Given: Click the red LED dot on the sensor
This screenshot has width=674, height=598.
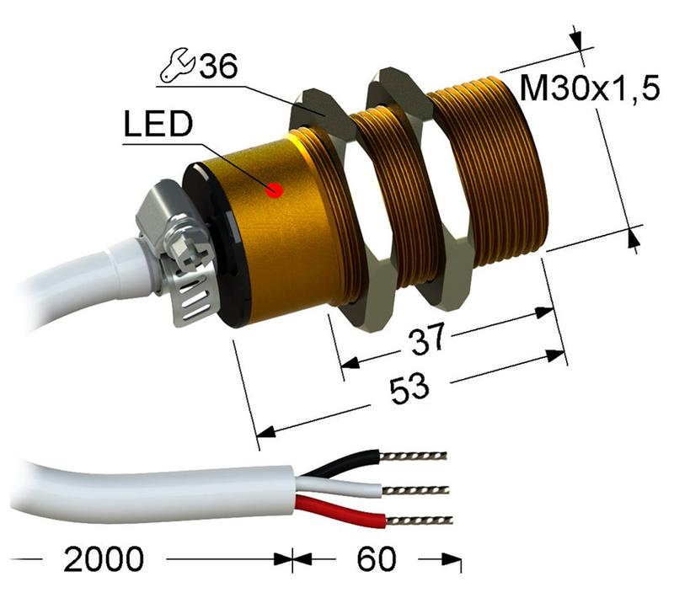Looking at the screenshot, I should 273,190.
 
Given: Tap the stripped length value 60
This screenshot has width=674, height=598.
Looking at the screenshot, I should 367,559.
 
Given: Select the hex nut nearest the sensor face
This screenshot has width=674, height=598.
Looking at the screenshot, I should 413,185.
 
